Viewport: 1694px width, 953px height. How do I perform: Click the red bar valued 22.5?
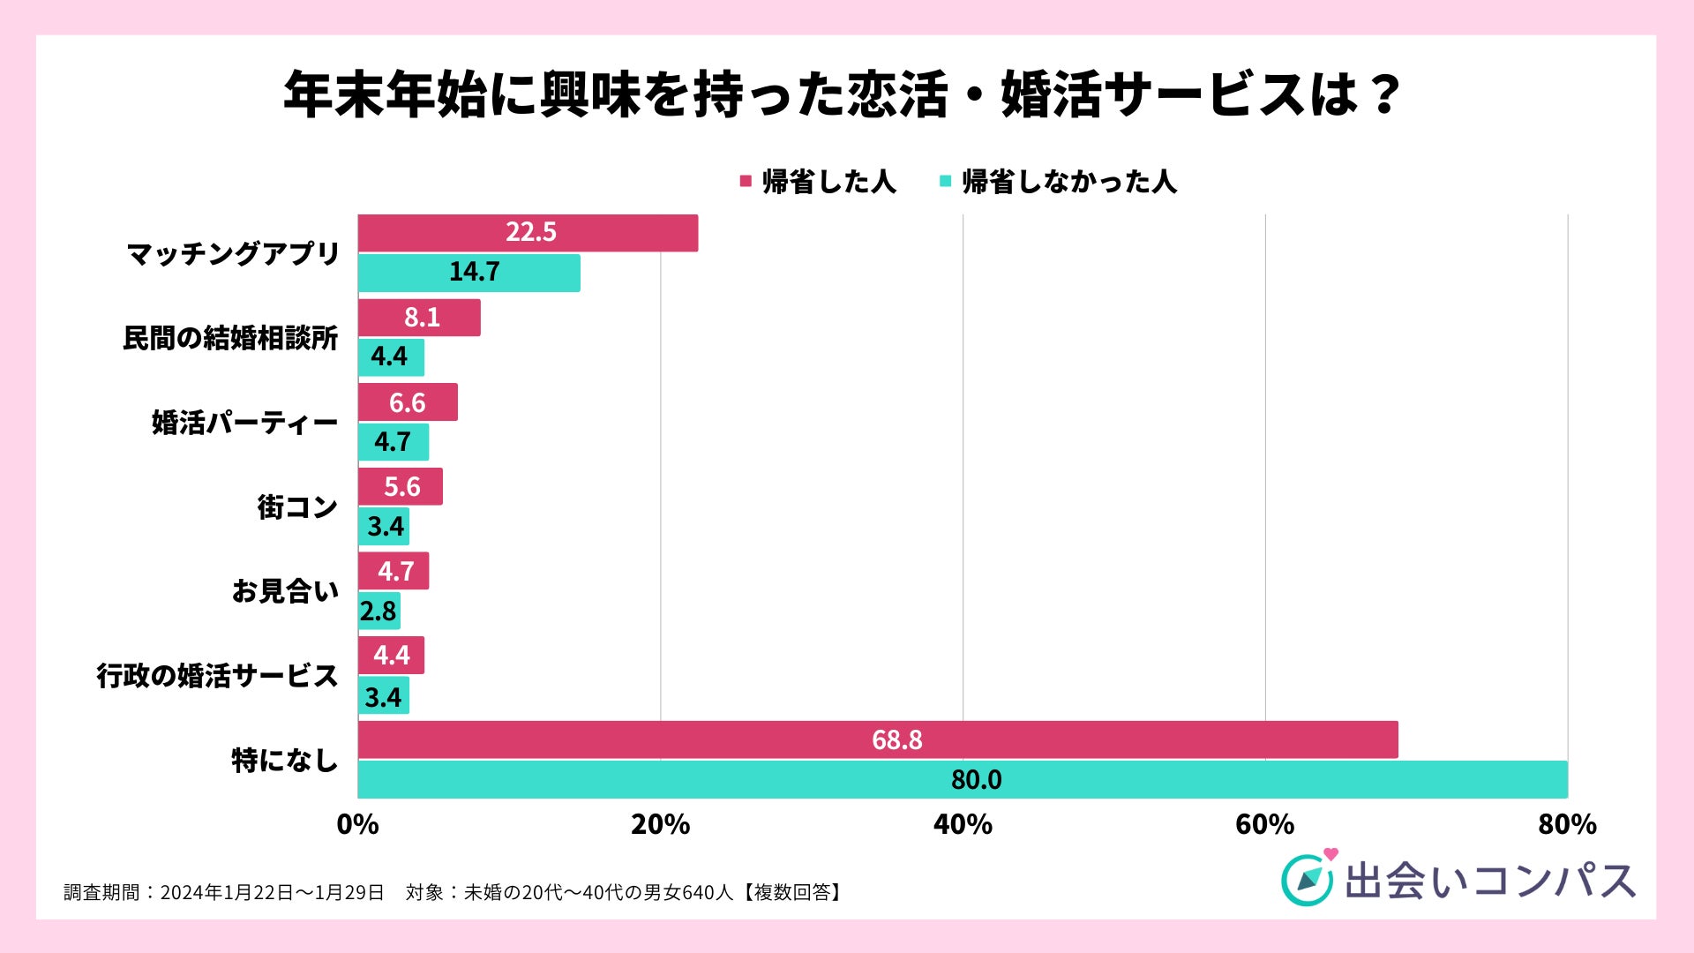click(528, 233)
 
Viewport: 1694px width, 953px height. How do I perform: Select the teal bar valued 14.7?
click(468, 273)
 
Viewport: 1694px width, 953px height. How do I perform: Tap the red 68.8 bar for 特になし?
click(877, 739)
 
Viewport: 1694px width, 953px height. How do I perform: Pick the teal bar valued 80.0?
click(962, 779)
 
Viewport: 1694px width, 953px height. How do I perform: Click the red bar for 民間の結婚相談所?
click(419, 318)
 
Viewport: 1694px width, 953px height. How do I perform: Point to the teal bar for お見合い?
click(379, 611)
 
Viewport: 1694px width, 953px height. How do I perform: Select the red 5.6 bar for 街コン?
click(400, 487)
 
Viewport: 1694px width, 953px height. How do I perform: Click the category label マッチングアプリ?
click(233, 254)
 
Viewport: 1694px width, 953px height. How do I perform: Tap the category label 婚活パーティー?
click(244, 423)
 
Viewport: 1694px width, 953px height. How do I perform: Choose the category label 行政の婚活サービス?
click(217, 676)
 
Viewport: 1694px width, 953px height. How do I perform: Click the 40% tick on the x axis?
click(963, 825)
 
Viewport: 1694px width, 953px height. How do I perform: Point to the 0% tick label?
click(357, 825)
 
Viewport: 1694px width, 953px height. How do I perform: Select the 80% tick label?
click(1567, 825)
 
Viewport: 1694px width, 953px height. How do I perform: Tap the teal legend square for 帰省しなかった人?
click(945, 182)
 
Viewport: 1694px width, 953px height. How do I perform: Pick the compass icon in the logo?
click(1306, 880)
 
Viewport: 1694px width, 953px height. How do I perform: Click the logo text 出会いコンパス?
click(1489, 881)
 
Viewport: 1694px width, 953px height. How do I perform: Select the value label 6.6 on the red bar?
click(408, 403)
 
